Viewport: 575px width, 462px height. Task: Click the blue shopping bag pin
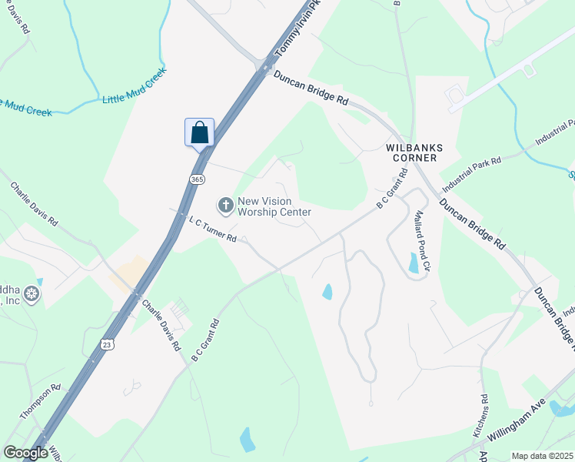199,132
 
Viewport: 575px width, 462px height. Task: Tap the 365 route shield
197,179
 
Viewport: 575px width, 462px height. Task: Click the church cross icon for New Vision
225,205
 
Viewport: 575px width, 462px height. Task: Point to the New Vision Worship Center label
274,206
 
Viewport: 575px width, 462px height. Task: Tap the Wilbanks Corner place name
411,152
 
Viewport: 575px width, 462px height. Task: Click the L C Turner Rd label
212,229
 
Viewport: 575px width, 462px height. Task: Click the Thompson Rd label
40,401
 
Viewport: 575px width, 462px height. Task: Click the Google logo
26,453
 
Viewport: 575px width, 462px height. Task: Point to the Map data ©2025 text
543,456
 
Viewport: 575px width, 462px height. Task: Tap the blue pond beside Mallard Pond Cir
414,263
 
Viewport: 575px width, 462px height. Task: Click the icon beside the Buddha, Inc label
31,293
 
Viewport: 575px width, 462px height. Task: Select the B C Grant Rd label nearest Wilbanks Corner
391,194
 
